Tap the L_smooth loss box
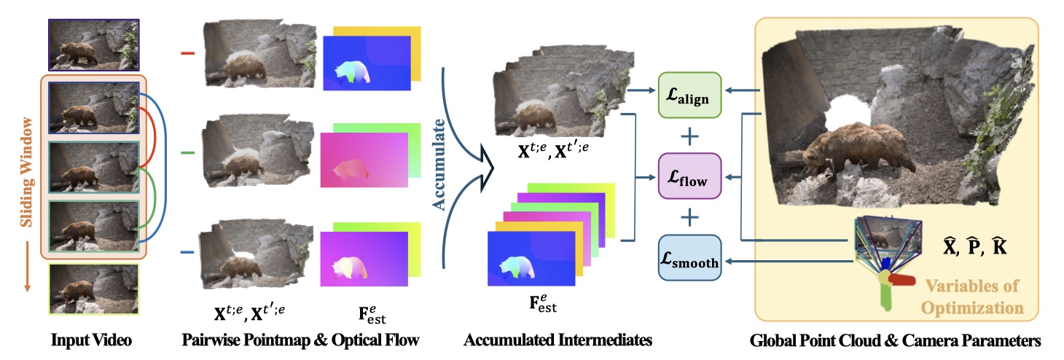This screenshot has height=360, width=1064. coord(689,257)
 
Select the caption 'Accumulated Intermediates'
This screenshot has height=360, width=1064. coord(558,340)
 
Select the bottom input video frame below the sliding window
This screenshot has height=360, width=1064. coord(93,289)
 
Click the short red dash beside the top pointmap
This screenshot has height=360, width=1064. coord(187,52)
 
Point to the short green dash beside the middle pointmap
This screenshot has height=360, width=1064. coord(187,152)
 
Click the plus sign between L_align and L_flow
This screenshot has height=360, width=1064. coord(689,136)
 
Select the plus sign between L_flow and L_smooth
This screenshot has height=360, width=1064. coord(689,216)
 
